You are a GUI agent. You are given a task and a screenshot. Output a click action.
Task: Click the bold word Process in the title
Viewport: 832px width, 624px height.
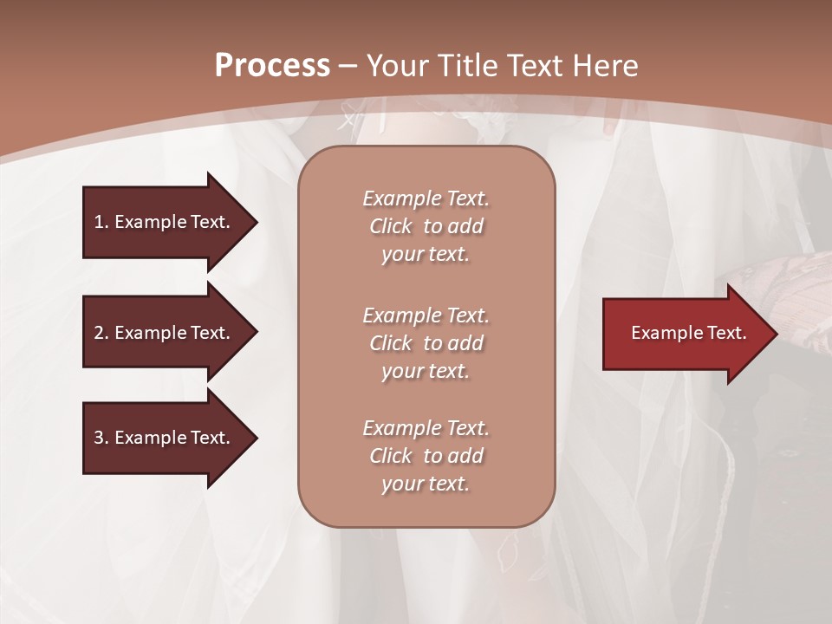(x=272, y=66)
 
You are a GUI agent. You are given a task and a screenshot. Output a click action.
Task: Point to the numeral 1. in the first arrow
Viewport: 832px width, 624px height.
(x=101, y=222)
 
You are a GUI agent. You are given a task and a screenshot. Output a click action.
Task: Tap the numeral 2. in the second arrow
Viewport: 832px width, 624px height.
(x=101, y=333)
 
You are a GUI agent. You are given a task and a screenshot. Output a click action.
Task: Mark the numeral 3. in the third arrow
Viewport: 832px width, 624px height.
(x=101, y=438)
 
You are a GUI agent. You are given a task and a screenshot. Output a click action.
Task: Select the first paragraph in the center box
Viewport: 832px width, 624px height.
(x=426, y=226)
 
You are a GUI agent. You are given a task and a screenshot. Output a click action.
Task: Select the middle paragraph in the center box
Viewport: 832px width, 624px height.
(x=426, y=343)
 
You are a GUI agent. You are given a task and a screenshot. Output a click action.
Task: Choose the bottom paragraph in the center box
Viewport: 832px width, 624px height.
(x=426, y=456)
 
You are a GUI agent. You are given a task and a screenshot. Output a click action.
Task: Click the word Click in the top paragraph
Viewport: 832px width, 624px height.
(x=390, y=226)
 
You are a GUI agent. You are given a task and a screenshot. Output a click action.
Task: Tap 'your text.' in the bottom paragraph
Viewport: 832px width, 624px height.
(x=426, y=484)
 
